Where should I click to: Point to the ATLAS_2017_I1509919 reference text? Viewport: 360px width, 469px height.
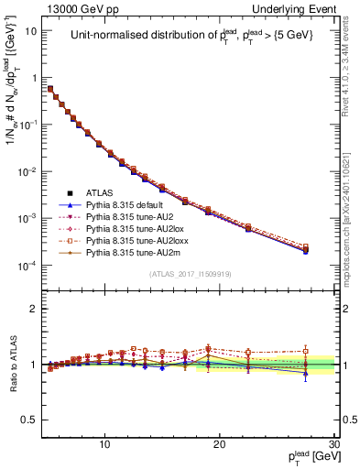pos(190,274)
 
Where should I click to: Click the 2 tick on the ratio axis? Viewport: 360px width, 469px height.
pos(34,309)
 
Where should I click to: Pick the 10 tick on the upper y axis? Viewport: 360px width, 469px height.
pos(32,30)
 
